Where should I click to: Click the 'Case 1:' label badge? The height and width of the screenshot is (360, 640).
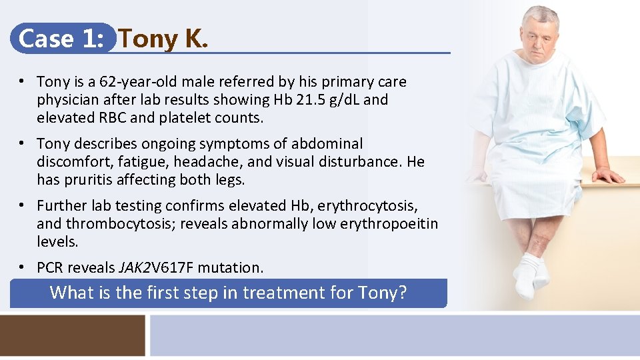(x=62, y=39)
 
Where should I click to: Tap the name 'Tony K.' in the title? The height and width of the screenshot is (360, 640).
(x=163, y=39)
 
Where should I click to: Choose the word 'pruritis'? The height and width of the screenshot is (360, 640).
(x=89, y=180)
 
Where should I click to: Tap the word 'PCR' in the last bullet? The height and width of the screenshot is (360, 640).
(x=51, y=268)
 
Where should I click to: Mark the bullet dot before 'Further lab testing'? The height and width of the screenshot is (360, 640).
(x=22, y=205)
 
